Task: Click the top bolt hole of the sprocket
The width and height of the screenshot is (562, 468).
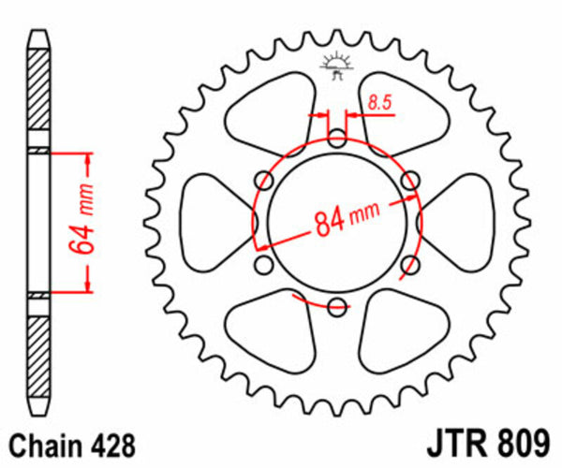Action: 337,139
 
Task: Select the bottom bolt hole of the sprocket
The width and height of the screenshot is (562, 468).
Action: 337,303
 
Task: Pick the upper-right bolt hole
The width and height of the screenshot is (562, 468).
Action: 408,180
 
